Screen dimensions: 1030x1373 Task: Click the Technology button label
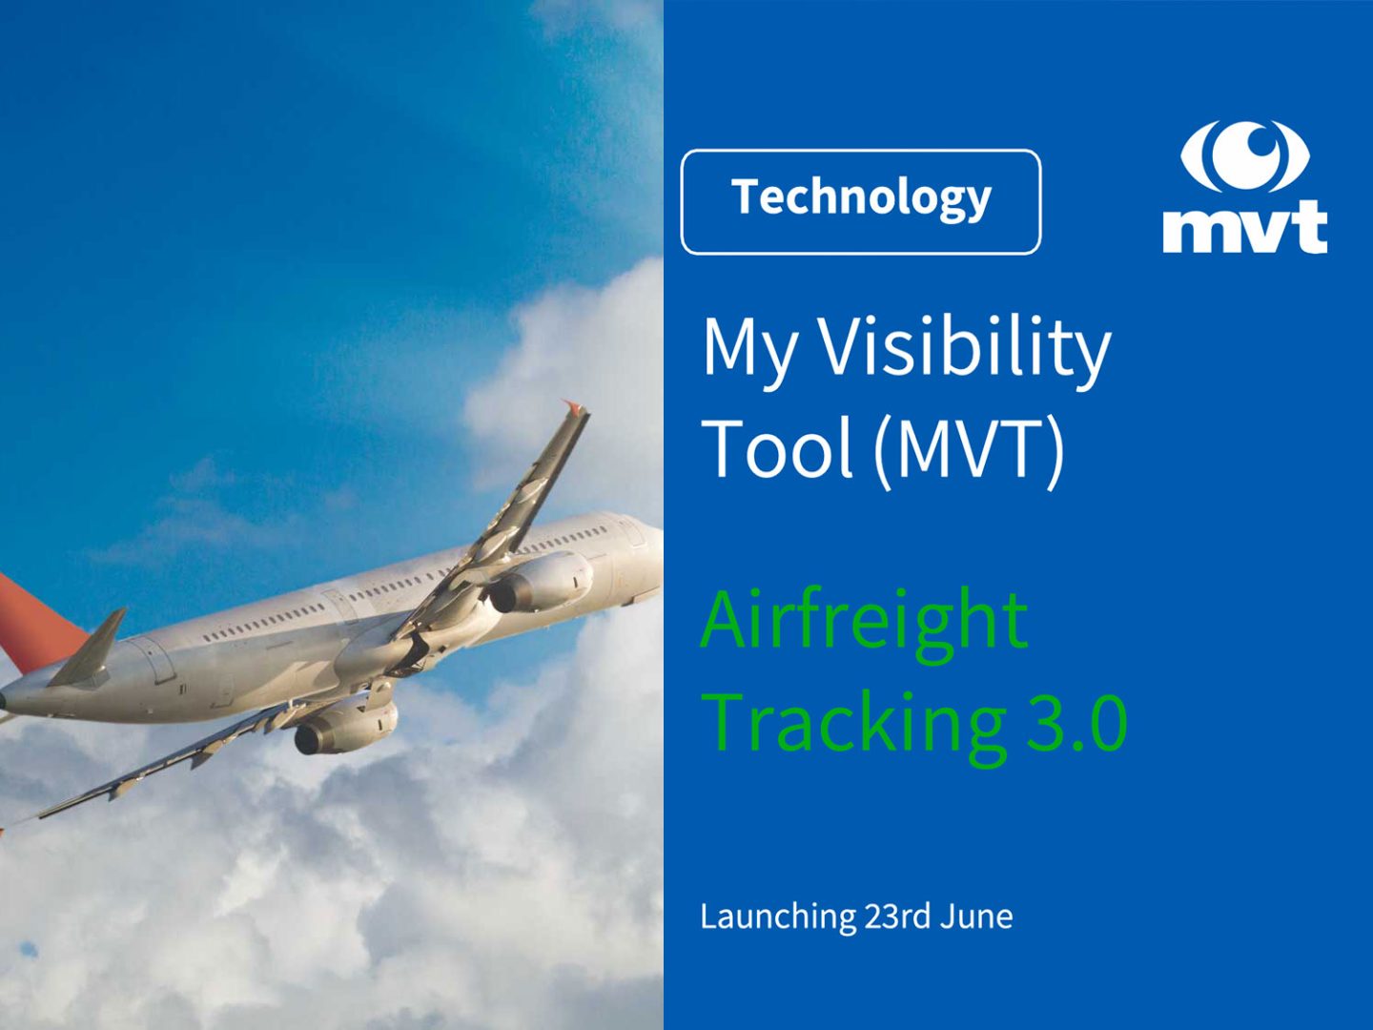point(861,198)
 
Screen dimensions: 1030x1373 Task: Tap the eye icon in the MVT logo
point(1244,155)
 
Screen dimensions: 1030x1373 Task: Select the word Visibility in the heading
point(965,347)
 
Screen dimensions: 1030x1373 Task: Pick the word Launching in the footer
point(778,917)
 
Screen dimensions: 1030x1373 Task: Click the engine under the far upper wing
point(540,582)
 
